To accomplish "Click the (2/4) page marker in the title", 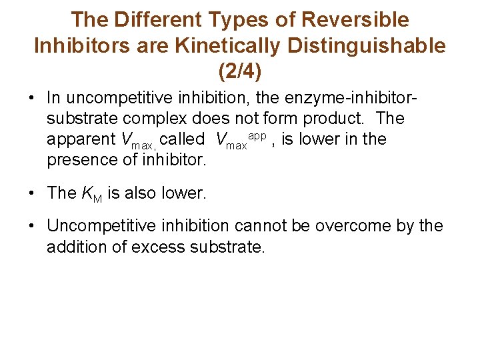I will point(239,70).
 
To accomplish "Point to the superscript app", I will point(257,134).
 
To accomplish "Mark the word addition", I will point(77,247).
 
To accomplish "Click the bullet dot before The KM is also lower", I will point(32,193).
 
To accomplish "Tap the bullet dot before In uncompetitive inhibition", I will point(32,98).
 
